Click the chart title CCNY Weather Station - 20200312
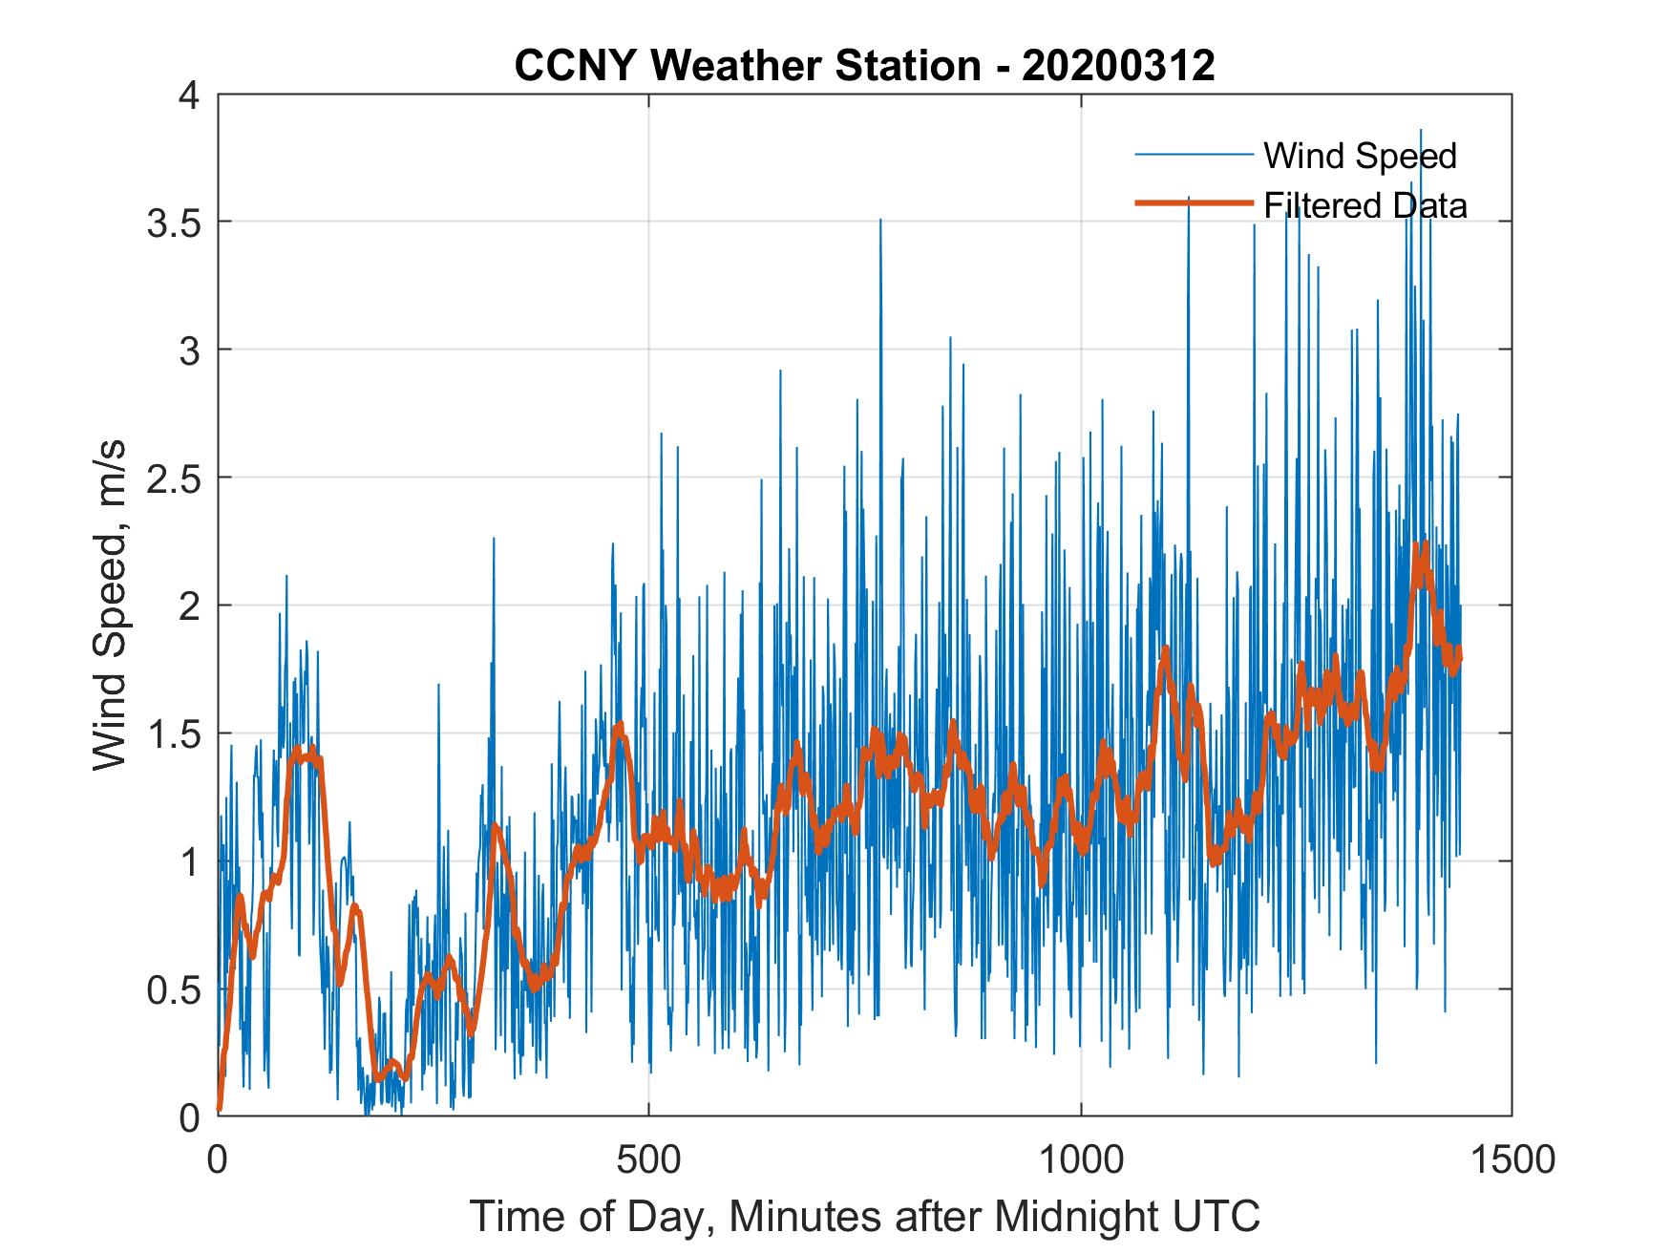click(x=864, y=66)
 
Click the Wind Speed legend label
click(x=1360, y=156)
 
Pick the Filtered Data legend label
click(x=1364, y=205)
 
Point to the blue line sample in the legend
click(x=1193, y=155)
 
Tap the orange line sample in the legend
click(x=1193, y=203)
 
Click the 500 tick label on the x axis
click(x=648, y=1159)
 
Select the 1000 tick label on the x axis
click(x=1081, y=1159)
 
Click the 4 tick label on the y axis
click(x=192, y=96)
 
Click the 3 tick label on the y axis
click(x=192, y=351)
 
